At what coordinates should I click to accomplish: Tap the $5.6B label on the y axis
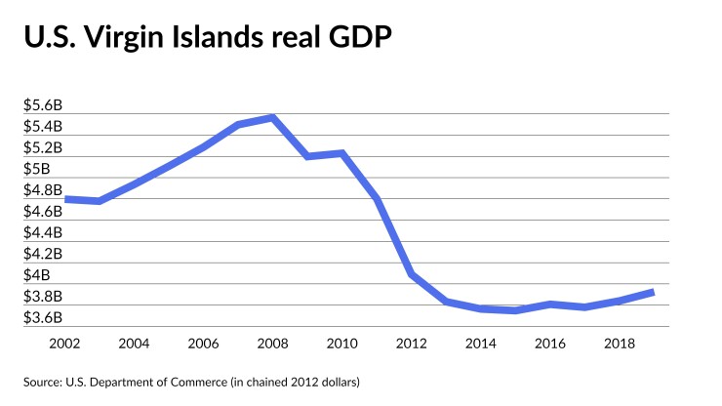click(43, 105)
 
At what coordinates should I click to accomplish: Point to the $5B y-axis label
click(37, 169)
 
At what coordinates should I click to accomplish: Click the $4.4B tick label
click(43, 232)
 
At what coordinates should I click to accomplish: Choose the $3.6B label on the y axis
click(43, 317)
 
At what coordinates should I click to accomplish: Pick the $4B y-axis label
click(37, 275)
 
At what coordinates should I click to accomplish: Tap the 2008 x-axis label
click(272, 344)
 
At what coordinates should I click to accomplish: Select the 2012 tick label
click(412, 344)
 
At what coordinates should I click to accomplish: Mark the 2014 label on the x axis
click(481, 344)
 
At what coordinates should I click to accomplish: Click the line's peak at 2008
click(272, 117)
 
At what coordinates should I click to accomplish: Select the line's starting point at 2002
click(64, 199)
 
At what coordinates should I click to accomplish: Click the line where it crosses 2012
click(412, 274)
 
